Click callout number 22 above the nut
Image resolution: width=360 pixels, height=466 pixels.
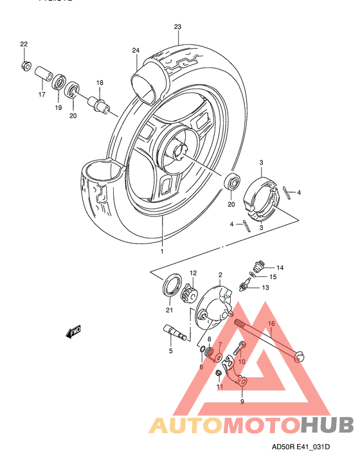(24, 44)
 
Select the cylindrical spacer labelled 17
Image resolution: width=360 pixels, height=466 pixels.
(43, 73)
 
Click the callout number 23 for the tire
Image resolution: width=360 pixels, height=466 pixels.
(178, 27)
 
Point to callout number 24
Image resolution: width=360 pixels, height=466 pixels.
(136, 50)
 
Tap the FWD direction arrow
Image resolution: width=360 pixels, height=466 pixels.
(72, 332)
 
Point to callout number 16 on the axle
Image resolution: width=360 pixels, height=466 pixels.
(271, 325)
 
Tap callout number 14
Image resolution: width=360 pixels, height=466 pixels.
(280, 267)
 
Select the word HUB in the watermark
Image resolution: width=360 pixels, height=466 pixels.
(327, 424)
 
